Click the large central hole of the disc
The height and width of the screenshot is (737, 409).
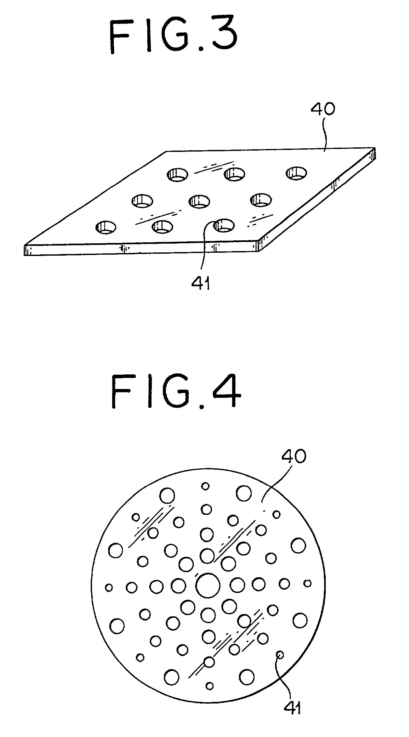[x=208, y=585]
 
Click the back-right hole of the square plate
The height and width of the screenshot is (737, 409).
[x=296, y=173]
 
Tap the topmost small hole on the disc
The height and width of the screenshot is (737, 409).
[x=205, y=486]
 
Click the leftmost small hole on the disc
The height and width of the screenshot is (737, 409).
[x=109, y=587]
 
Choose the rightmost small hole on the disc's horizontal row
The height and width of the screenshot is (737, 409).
[x=307, y=583]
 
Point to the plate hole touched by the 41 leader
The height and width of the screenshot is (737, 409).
[x=224, y=225]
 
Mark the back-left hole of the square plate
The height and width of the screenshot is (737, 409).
[x=178, y=174]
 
